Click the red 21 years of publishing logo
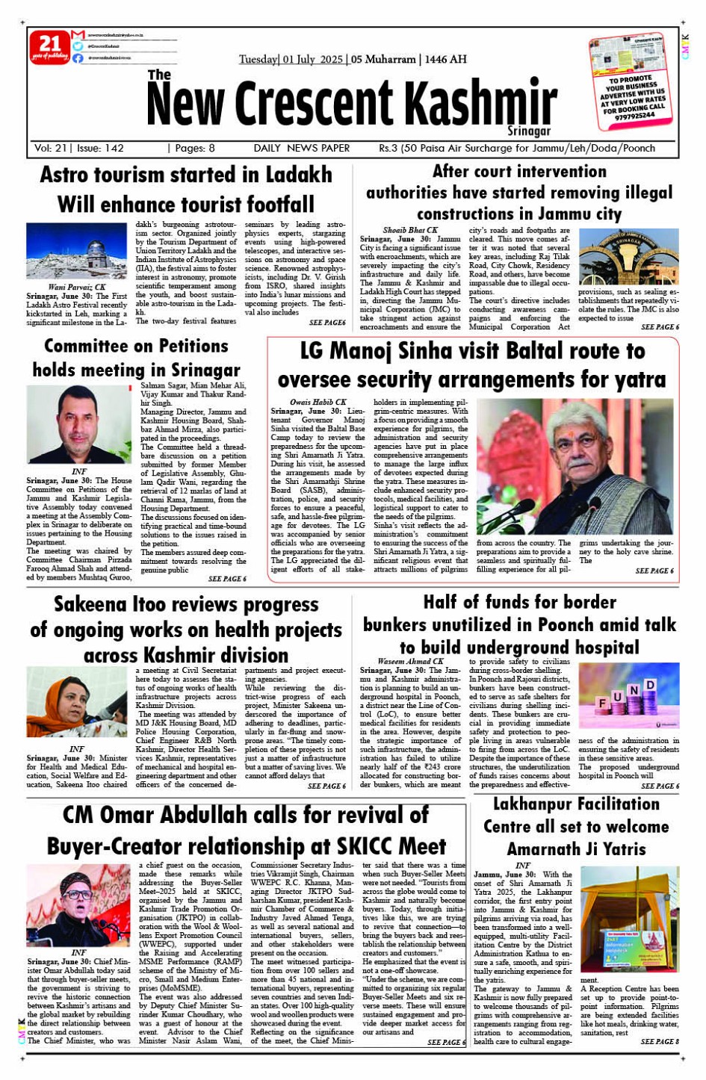pos(49,47)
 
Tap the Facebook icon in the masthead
pos(78,58)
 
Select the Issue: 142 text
pos(99,148)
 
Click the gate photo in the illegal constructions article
pos(629,257)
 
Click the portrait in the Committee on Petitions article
pos(78,424)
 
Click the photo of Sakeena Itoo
pos(76,702)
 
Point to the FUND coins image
pos(629,696)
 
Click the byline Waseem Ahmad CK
pos(410,661)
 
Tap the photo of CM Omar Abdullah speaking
pos(78,905)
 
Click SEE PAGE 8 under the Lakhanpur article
pos(660,1041)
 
